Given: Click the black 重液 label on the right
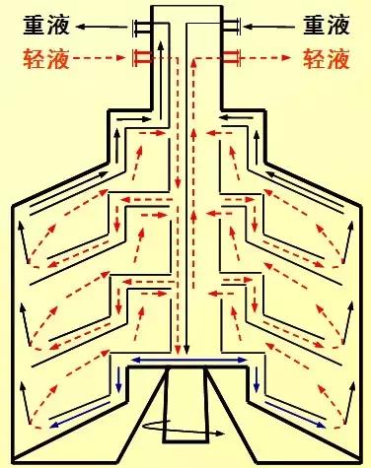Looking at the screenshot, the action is [328, 21].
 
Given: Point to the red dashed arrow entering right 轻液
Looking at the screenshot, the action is [267, 58].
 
